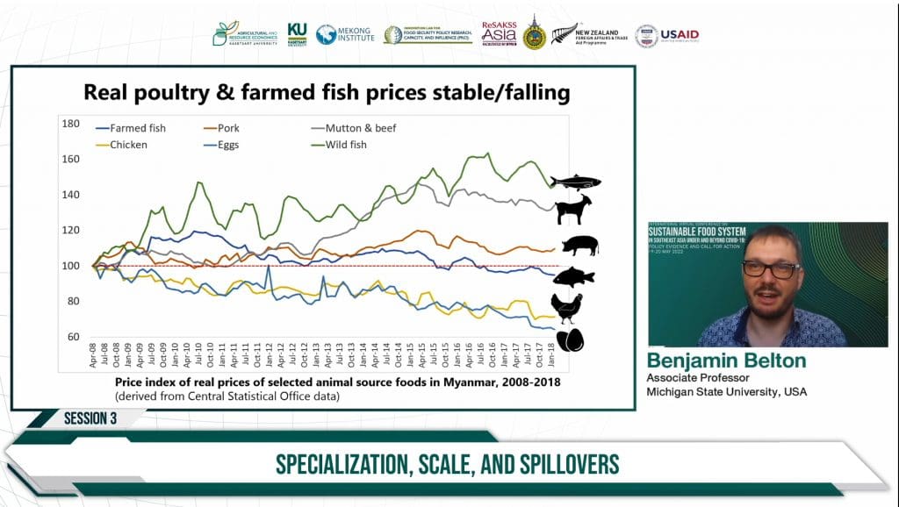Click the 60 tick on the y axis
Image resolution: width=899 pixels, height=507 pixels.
point(74,337)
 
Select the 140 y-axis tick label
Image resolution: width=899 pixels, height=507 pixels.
point(71,195)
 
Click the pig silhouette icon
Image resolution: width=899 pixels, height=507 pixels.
point(579,246)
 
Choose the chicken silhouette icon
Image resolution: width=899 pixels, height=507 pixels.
point(567,307)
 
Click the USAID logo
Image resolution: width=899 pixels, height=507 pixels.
point(668,35)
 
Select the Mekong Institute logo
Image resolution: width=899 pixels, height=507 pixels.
point(345,34)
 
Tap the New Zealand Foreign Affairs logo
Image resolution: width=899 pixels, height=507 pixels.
point(589,35)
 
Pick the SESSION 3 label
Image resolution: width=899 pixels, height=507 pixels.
point(90,418)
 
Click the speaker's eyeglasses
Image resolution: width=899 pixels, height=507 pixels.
point(772,270)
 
